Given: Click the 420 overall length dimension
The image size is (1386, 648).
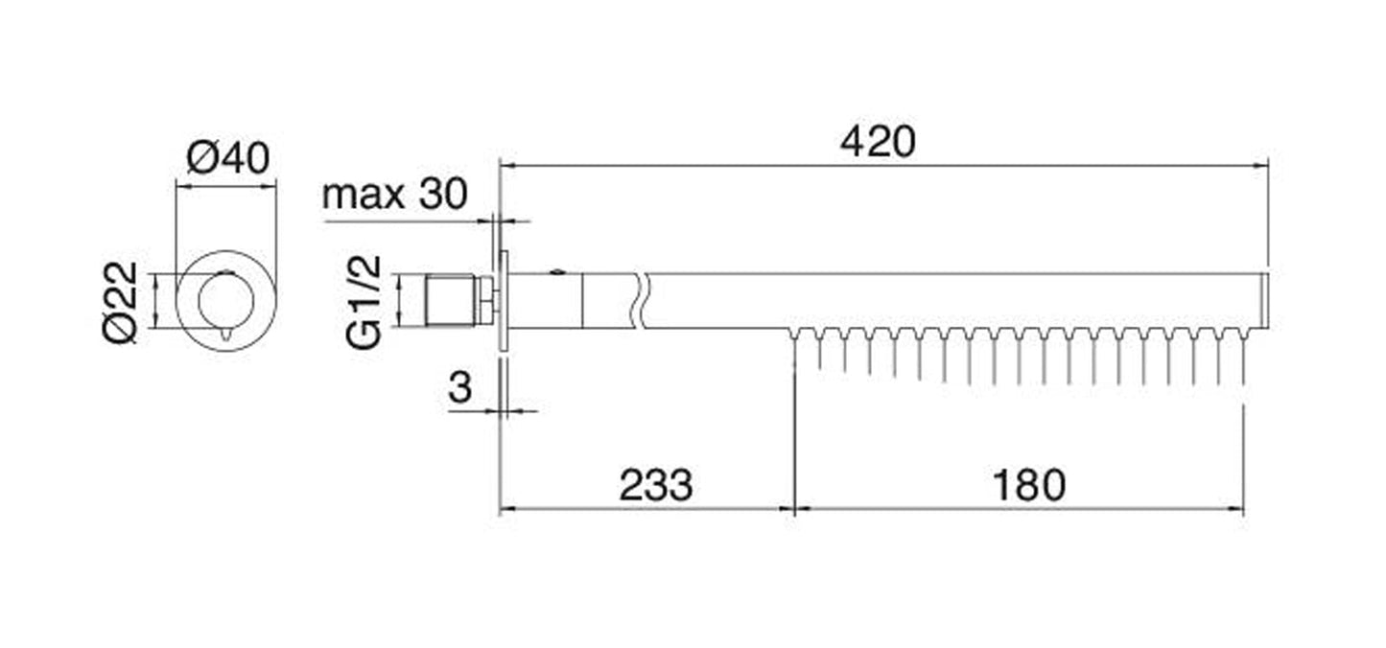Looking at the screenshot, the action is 878,142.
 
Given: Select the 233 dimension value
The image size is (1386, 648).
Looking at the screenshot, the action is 656,485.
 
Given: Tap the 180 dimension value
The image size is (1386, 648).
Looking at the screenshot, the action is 1029,485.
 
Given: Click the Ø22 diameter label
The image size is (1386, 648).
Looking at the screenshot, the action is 120,302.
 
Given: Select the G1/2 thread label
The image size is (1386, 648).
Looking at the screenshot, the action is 364,302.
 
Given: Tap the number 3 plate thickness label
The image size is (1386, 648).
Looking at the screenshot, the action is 459,387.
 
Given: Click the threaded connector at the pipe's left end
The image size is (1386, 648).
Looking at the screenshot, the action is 449,300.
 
